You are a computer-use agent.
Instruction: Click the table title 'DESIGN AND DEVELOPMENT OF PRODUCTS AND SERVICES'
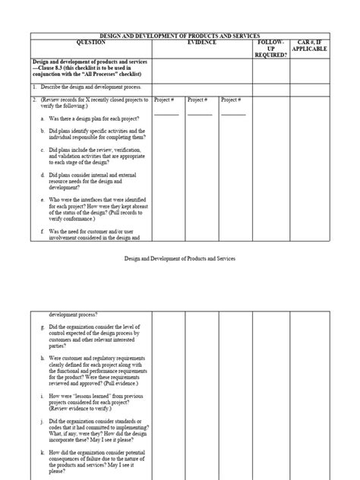coord(180,36)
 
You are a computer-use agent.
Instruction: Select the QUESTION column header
coord(90,43)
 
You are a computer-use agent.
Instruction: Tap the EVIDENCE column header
coord(202,43)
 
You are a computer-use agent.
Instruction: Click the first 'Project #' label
coord(166,99)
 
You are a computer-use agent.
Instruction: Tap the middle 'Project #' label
coord(199,99)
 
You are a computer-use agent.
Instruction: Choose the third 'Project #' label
coord(232,99)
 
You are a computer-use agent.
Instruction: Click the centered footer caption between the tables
coord(180,258)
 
